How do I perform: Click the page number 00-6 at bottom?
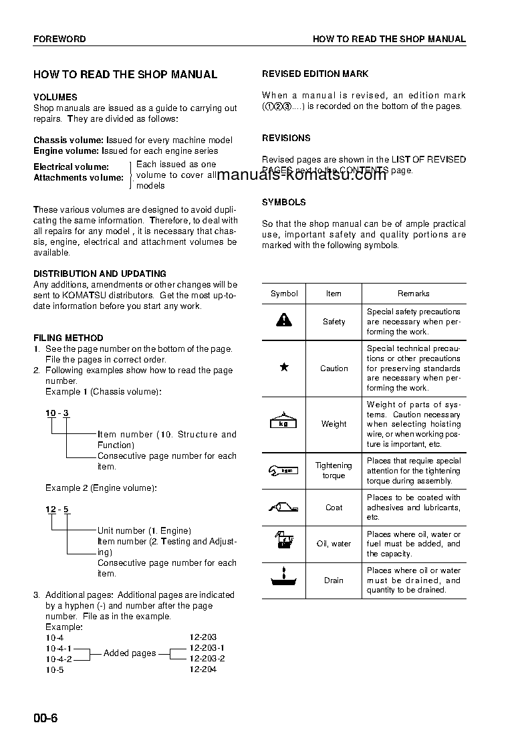tap(46, 718)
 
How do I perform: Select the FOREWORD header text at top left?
tap(59, 39)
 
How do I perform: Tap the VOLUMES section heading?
tap(55, 97)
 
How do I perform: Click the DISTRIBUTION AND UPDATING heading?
tap(100, 274)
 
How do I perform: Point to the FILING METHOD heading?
tap(68, 338)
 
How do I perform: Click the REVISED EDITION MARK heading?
tap(315, 74)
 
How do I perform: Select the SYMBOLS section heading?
tap(283, 202)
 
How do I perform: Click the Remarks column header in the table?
tap(414, 294)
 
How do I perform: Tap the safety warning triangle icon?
tap(284, 320)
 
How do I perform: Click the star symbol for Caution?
tap(284, 367)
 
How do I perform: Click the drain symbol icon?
tap(284, 579)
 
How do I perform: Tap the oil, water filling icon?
tap(284, 543)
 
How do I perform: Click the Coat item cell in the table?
tap(334, 508)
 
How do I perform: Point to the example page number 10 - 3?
tap(57, 413)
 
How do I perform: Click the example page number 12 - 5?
tap(57, 510)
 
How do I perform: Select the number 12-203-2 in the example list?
tap(207, 659)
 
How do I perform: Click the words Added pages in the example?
tap(130, 653)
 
